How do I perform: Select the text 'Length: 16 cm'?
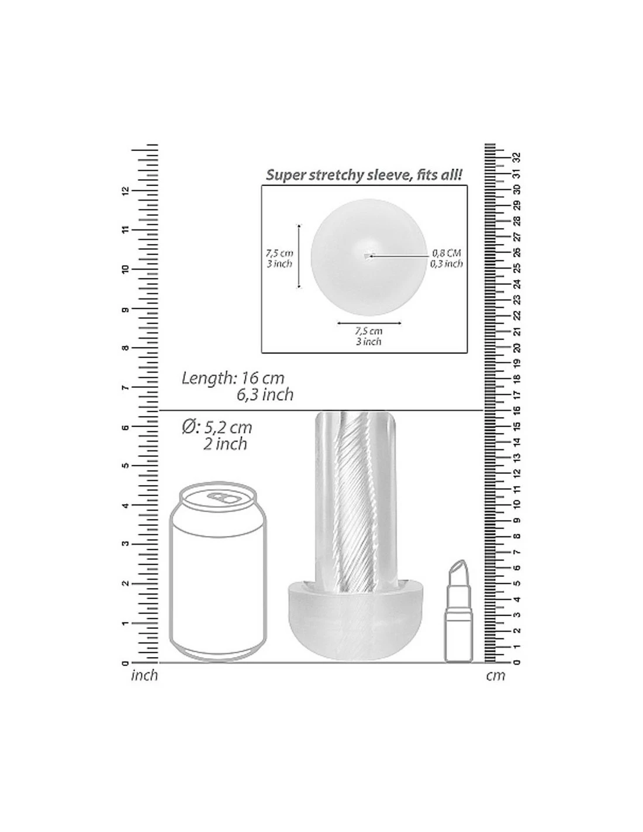pos(233,379)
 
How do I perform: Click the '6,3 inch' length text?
pos(265,394)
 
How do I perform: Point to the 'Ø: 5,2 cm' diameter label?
pos(217,427)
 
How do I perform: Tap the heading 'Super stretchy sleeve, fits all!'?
pos(364,175)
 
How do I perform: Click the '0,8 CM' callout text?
pos(447,253)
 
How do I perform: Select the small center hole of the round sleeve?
pos(368,256)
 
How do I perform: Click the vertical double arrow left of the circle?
pos(299,256)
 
